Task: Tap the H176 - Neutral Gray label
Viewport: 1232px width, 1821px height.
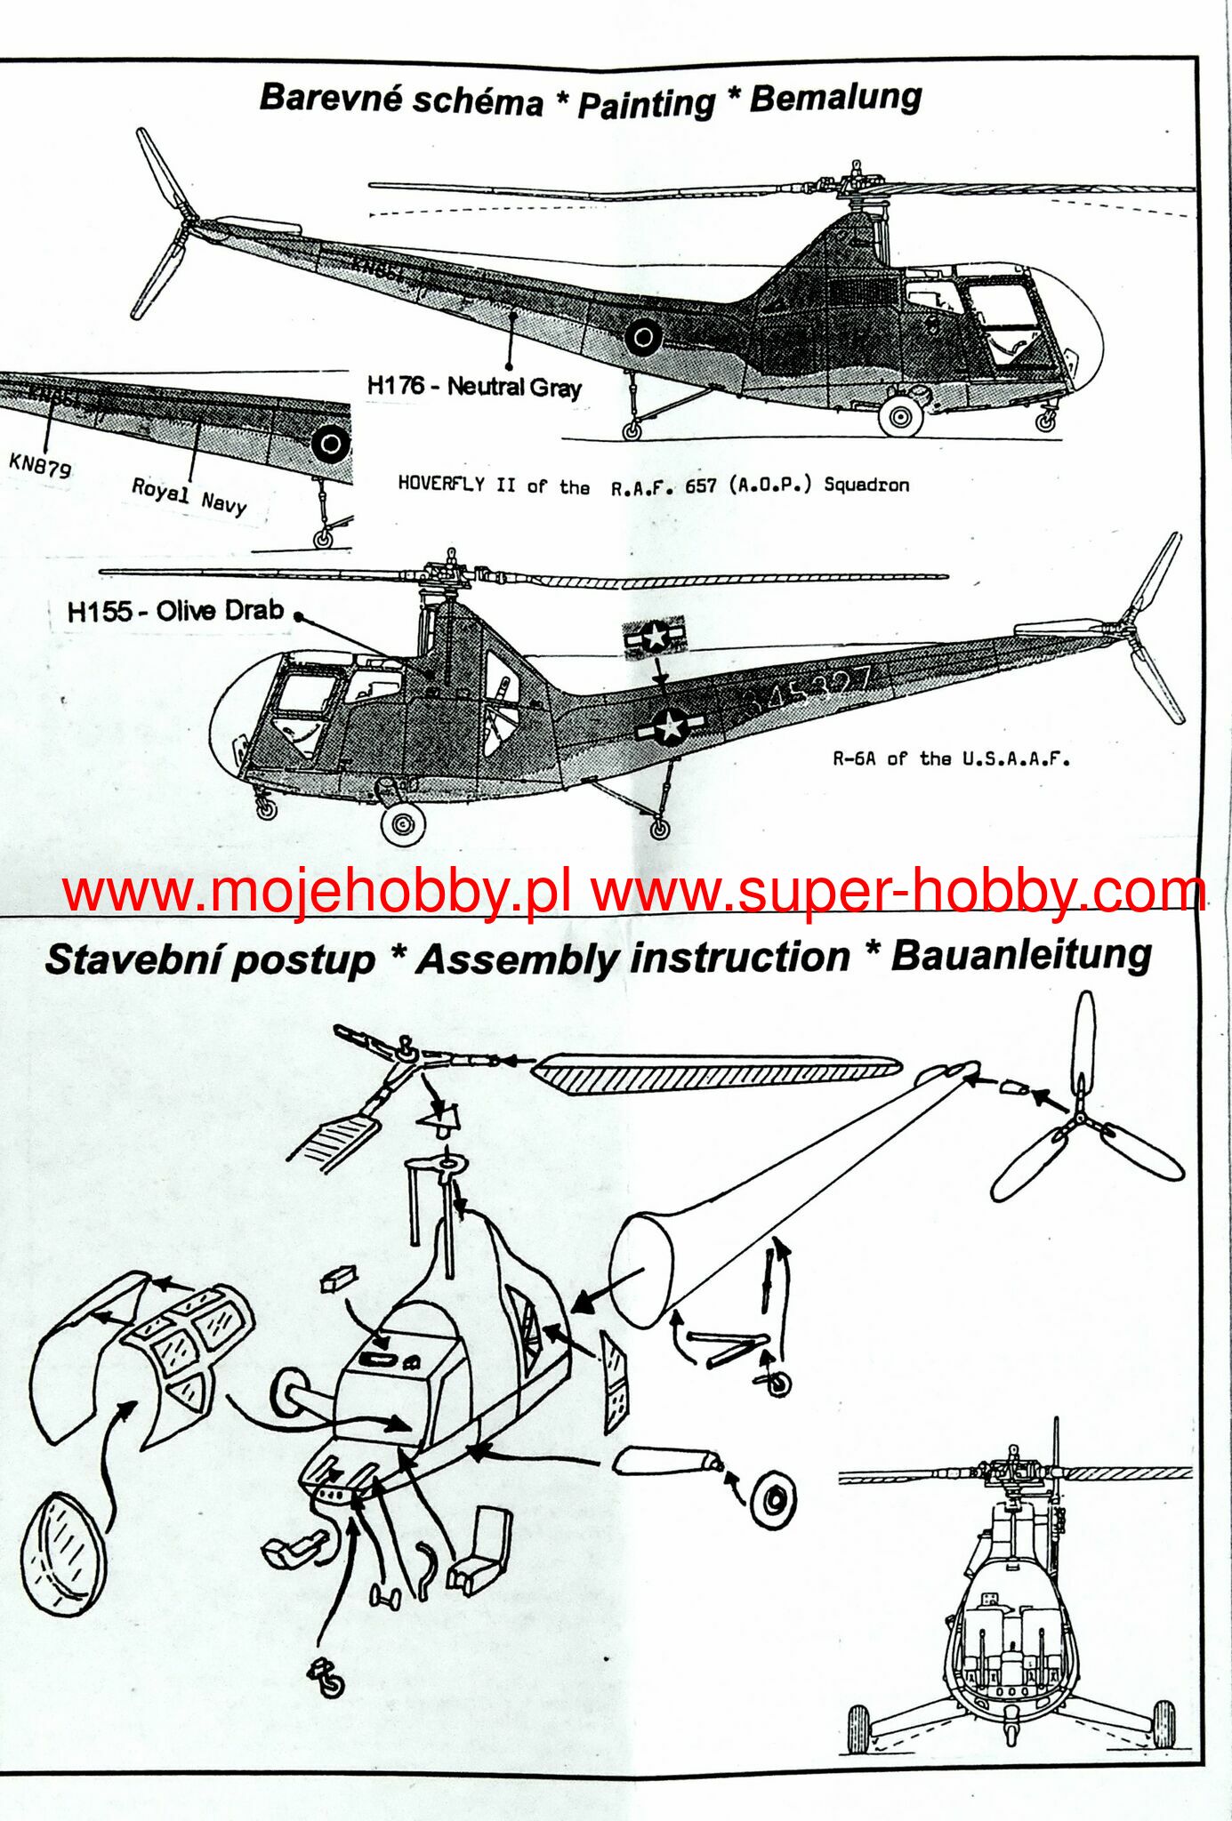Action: [474, 387]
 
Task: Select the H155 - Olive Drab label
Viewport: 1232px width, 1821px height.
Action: [175, 611]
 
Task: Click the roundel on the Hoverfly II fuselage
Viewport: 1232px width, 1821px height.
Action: [643, 337]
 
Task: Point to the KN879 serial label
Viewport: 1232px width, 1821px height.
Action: [40, 464]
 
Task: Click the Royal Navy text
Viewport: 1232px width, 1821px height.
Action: [189, 496]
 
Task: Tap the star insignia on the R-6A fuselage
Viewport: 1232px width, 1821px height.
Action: [670, 727]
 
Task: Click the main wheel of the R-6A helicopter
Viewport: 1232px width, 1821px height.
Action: [402, 824]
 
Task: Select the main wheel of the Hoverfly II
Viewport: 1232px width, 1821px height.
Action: [900, 415]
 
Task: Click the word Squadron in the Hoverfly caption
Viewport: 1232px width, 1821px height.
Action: [866, 485]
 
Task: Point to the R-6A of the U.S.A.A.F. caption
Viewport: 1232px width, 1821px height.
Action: [951, 758]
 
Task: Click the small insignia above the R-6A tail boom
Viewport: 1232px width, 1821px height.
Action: [655, 636]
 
